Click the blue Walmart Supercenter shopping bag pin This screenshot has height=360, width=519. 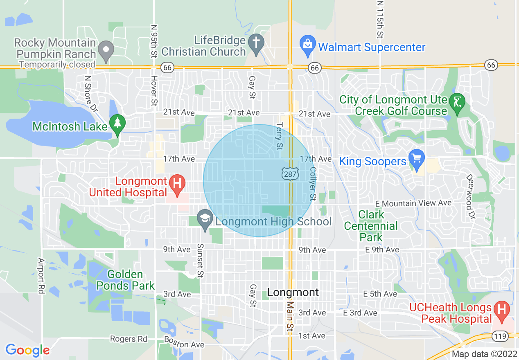point(307,45)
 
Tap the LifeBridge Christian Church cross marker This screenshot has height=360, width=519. point(256,44)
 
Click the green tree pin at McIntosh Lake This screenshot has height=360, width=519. point(118,124)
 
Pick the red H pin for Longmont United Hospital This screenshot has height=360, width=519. point(177,183)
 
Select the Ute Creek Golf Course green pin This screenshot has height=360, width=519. point(457,103)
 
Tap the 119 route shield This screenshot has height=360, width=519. point(501,336)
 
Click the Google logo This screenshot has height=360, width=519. point(27,350)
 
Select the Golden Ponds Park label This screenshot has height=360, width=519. point(125,280)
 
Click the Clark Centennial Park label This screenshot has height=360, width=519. point(371,226)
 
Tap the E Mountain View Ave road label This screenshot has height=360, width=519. point(414,203)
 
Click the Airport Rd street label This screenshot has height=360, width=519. point(41,275)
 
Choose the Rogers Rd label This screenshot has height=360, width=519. point(129,339)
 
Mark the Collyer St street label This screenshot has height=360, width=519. point(313,183)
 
